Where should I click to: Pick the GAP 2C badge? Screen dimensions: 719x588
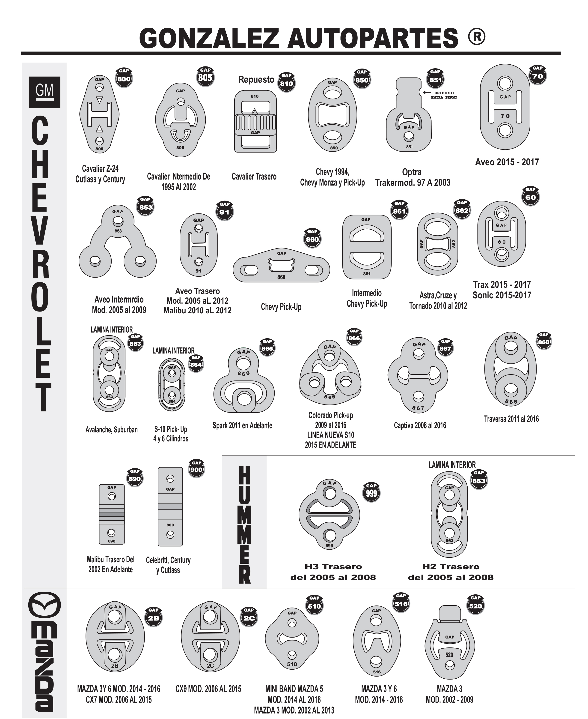coord(249,617)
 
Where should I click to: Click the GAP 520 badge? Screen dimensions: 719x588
coord(475,605)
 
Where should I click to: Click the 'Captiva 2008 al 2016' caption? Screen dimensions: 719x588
coord(420,425)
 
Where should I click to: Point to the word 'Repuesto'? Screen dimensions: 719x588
coord(256,80)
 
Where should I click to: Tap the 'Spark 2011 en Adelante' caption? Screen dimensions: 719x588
coord(242,425)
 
